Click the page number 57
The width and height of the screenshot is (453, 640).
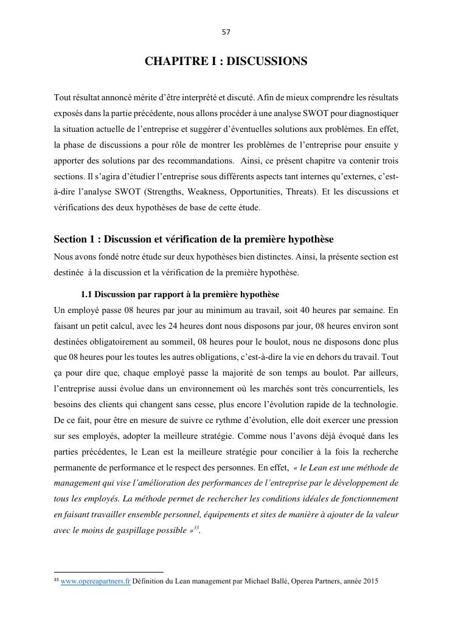(x=226, y=32)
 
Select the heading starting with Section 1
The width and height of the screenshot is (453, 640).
(x=193, y=239)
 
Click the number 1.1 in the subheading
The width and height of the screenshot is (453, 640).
(x=86, y=294)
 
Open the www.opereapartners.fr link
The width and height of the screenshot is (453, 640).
(x=95, y=581)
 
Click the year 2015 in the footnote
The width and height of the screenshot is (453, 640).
(x=370, y=581)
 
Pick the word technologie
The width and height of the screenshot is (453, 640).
(x=374, y=404)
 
